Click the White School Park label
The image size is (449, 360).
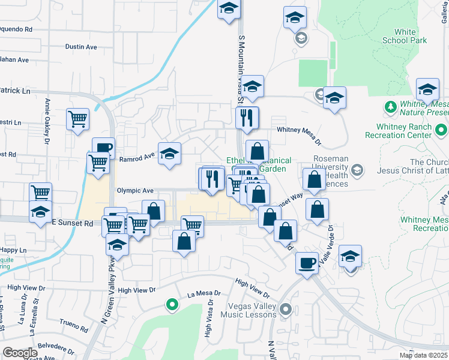tap(411, 36)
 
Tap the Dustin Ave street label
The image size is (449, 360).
tap(81, 46)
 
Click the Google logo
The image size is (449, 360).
tap(20, 353)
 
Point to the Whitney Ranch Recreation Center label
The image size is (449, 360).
tap(404, 131)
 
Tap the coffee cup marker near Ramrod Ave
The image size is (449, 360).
tap(103, 148)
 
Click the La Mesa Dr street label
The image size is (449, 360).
tap(204, 294)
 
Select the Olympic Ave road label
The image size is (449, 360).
tap(136, 190)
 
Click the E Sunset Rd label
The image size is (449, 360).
tap(72, 223)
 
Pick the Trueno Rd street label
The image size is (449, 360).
tap(74, 329)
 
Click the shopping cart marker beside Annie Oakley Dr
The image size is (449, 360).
tap(78, 119)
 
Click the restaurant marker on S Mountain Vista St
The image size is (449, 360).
tap(247, 118)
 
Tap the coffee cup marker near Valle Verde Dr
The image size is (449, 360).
tap(308, 263)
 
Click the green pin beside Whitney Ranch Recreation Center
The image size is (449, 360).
tap(442, 130)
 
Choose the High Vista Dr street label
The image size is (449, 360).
tap(209, 323)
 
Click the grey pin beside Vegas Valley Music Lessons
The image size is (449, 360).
tap(286, 310)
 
